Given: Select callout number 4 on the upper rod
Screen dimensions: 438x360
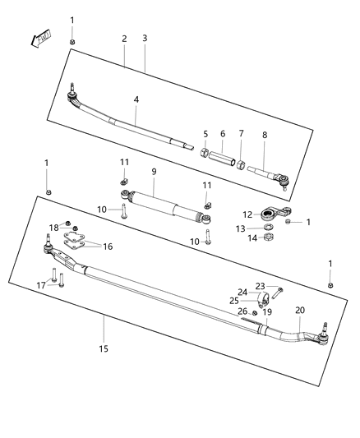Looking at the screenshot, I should (136, 99).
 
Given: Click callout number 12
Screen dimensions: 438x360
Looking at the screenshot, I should (247, 215).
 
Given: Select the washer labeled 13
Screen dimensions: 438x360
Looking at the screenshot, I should (268, 228).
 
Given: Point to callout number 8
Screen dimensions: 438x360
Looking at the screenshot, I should (265, 136).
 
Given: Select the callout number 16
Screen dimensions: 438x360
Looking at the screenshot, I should (108, 246).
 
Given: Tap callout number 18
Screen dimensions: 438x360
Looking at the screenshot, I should (53, 227).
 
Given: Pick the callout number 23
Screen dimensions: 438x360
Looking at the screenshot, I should (260, 286).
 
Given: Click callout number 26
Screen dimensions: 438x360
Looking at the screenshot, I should (242, 311).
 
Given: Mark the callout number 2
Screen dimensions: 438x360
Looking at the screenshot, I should (124, 39).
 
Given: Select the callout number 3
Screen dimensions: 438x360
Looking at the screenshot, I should (145, 39).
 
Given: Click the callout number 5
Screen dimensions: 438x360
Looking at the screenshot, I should (205, 134).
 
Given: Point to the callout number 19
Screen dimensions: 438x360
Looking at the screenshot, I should (267, 311).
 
